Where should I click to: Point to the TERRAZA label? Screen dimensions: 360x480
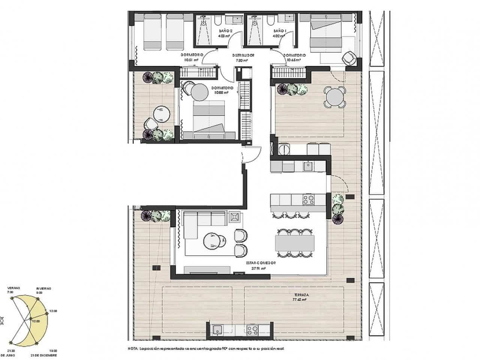pos(301,295)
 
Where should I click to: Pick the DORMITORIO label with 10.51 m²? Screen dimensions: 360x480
pos(191,55)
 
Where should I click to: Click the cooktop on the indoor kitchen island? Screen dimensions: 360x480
pos(308,200)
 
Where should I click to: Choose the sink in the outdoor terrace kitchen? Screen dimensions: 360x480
pos(217,330)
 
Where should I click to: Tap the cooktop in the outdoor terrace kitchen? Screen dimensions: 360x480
pos(252,330)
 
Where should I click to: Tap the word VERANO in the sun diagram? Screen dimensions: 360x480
pos(10,288)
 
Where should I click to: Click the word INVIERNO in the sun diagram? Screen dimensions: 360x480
pos(44,288)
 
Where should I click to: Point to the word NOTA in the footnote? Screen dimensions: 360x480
pos(133,349)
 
